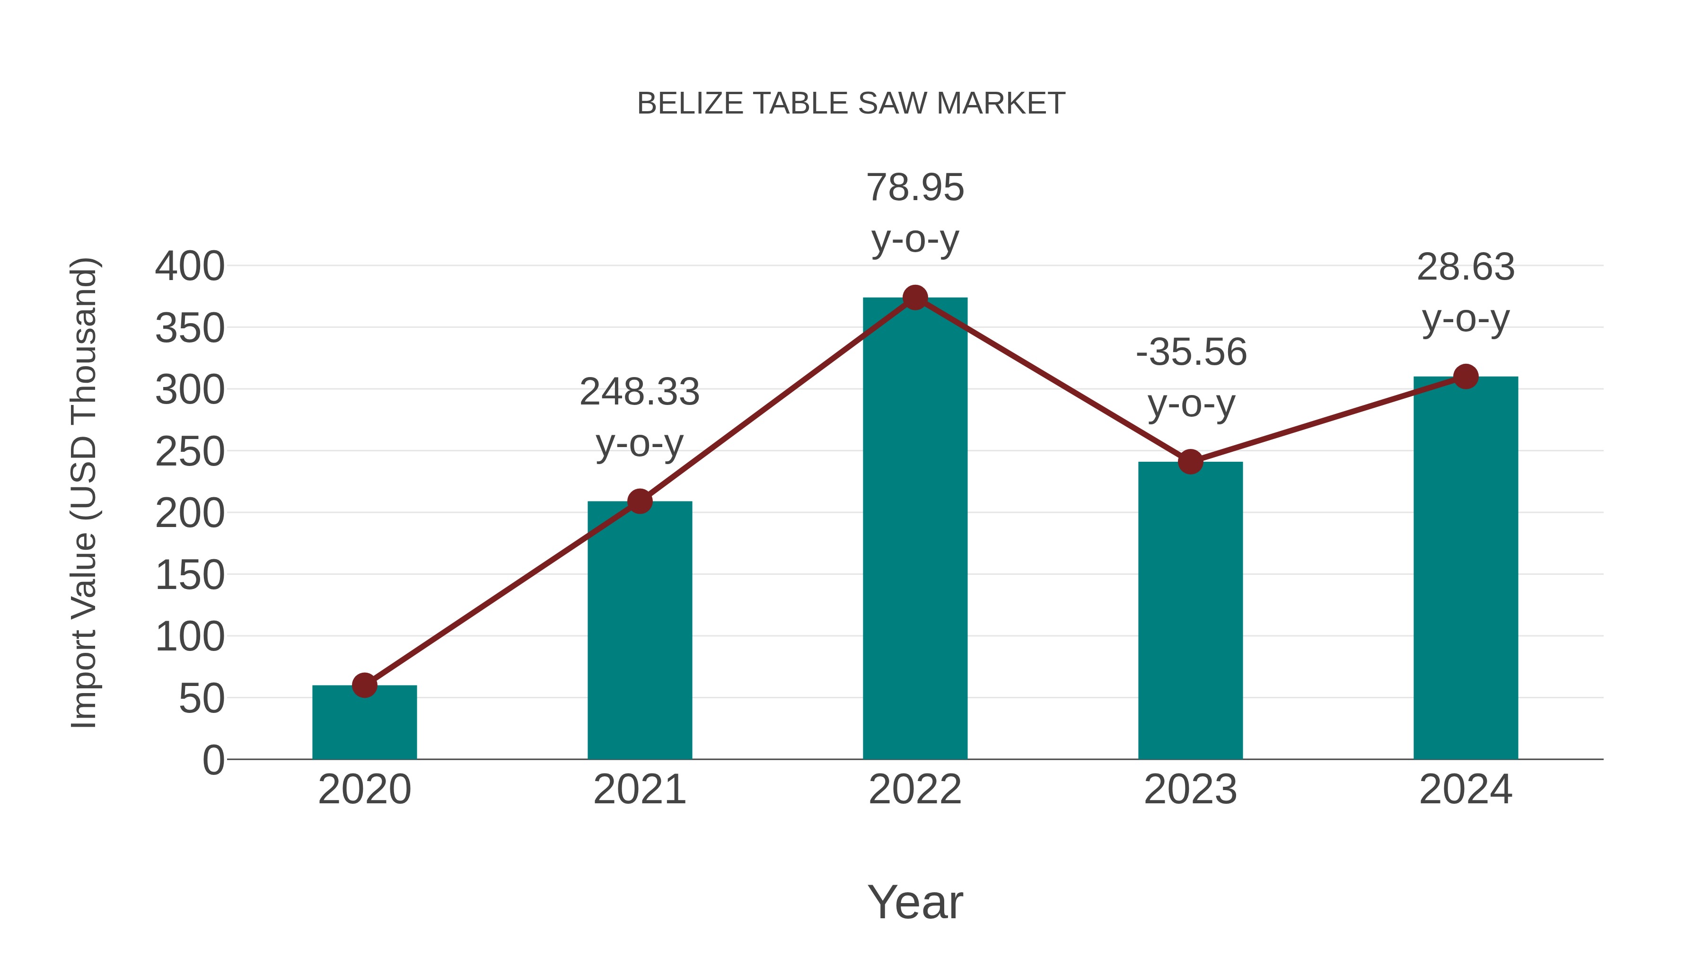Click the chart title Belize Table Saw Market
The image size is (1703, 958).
click(851, 104)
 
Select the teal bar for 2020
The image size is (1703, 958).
click(364, 724)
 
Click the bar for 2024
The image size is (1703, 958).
click(1466, 569)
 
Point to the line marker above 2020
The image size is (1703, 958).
click(364, 686)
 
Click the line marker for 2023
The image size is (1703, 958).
click(1190, 461)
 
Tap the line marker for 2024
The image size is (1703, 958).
click(1466, 377)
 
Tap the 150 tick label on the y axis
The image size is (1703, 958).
click(190, 575)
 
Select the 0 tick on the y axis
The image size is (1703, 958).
click(213, 760)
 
